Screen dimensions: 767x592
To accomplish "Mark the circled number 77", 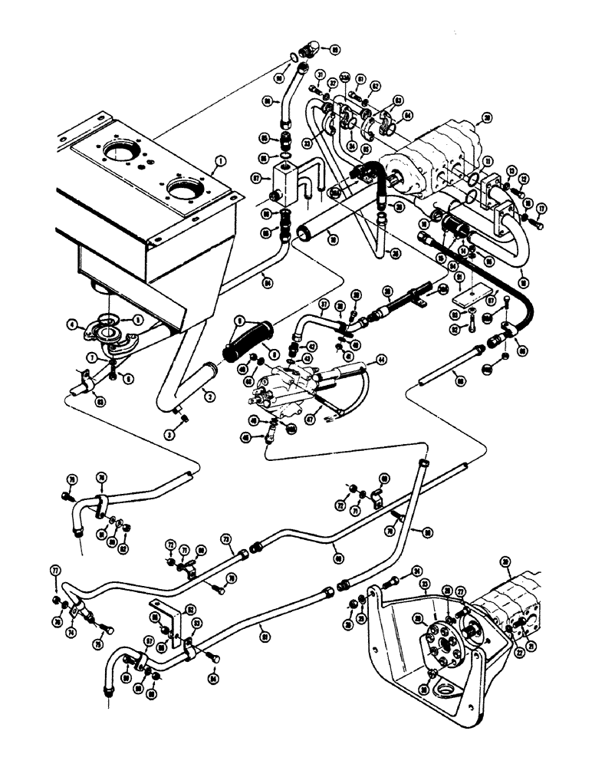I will [x=54, y=571].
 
